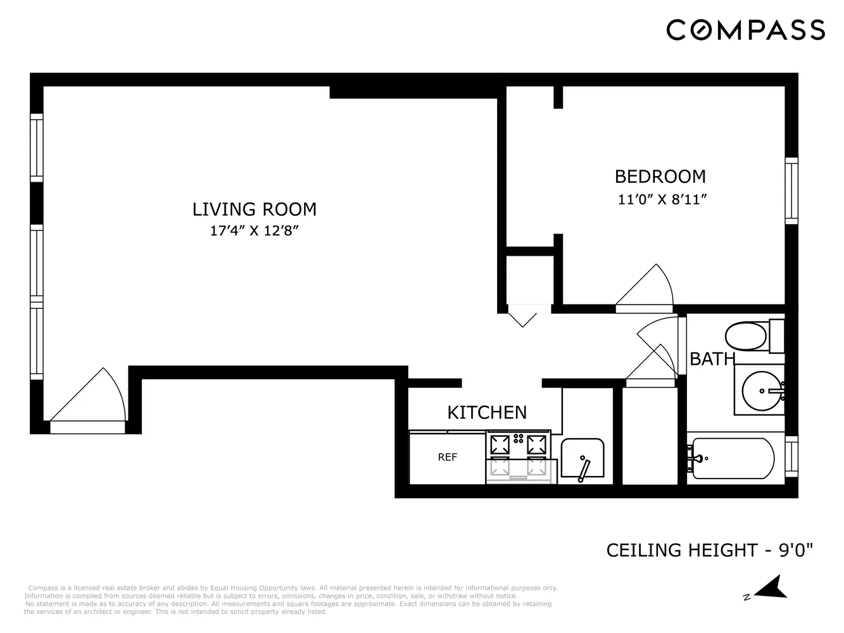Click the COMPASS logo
click(745, 30)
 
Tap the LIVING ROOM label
click(254, 209)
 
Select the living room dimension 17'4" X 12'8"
click(254, 231)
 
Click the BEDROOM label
click(660, 176)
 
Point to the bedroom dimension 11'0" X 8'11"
click(662, 199)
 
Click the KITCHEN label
click(487, 412)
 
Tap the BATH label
click(712, 359)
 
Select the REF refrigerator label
click(447, 457)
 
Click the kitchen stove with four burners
click(519, 456)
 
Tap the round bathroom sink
click(762, 391)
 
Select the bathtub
click(733, 457)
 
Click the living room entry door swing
click(89, 399)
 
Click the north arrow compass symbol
click(770, 588)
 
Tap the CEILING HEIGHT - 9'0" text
click(709, 550)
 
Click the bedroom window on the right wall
click(791, 191)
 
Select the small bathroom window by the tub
click(791, 456)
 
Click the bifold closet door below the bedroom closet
click(523, 315)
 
